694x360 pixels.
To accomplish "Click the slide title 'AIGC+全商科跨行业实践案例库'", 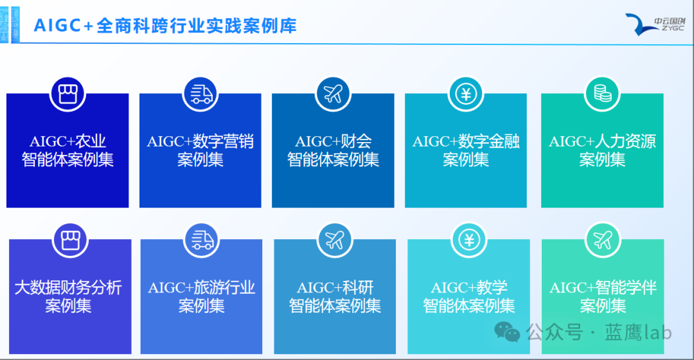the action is click(x=165, y=26).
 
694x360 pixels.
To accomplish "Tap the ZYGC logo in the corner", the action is click(x=655, y=24).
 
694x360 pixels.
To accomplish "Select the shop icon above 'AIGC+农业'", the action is click(x=67, y=94).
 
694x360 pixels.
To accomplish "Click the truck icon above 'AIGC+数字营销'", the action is click(x=200, y=94).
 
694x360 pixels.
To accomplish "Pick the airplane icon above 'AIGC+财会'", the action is click(x=333, y=94).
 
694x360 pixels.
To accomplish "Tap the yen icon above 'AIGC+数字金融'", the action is click(x=466, y=94).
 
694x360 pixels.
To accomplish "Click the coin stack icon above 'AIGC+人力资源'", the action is click(x=602, y=94).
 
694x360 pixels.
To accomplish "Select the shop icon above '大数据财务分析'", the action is click(x=70, y=240).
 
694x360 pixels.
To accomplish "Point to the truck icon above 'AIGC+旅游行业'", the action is click(x=202, y=240).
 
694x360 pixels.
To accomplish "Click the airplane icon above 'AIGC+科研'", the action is click(x=335, y=240).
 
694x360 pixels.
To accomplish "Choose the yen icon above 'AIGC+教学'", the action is click(x=469, y=240).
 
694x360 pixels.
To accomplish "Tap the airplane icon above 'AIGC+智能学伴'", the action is click(x=603, y=240).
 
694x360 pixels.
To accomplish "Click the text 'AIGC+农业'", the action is click(x=67, y=141).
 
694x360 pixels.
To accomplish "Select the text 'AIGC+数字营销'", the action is click(x=200, y=141).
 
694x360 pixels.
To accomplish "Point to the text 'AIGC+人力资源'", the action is click(x=602, y=141).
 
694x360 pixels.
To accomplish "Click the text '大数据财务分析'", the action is click(x=68, y=288).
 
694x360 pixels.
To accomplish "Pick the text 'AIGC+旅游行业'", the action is click(x=202, y=288).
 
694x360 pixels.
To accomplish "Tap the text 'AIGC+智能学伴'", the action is click(x=603, y=288).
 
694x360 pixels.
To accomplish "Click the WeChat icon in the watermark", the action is click(x=507, y=332).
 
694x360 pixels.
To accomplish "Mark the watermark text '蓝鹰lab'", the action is click(x=638, y=332).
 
